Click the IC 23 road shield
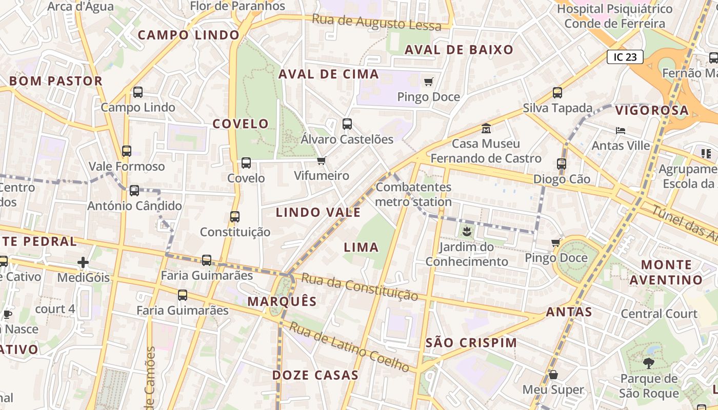625,57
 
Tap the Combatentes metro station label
413,194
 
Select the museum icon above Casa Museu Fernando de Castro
486,128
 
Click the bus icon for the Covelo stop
246,163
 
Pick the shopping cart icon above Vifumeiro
322,161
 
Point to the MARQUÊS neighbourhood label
282,301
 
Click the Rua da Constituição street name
360,286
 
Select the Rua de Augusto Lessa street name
376,23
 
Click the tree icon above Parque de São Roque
648,363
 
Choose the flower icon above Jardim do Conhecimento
466,232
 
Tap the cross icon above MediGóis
83,263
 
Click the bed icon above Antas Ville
621,131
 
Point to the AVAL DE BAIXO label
458,50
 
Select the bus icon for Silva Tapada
557,93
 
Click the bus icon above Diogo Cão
562,164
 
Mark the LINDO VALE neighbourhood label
318,212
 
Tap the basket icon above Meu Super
553,375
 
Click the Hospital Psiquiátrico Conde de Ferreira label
614,16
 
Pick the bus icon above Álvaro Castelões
347,124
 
